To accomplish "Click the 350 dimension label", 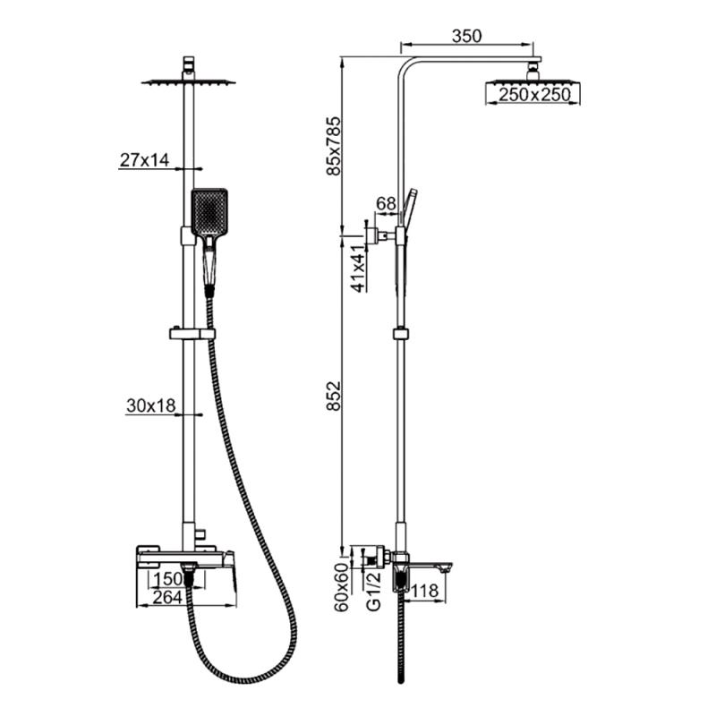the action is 466,36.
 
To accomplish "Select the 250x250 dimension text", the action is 534,95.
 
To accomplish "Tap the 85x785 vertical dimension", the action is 334,146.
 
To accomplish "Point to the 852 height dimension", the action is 334,396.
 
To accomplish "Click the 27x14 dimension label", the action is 144,160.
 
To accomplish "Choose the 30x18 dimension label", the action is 150,405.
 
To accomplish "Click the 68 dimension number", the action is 386,204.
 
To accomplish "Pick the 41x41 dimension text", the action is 359,268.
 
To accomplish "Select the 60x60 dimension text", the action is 341,587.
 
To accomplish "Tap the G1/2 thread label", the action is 373,591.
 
